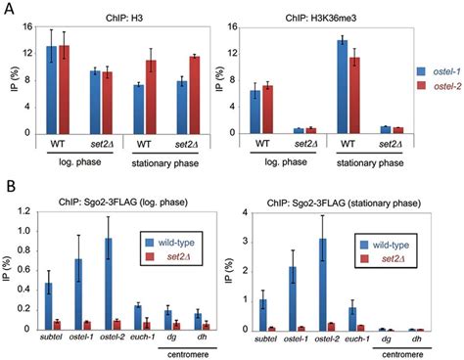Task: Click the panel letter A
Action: pyautogui.click(x=8, y=8)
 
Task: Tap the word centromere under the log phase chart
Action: pyautogui.click(x=180, y=353)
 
